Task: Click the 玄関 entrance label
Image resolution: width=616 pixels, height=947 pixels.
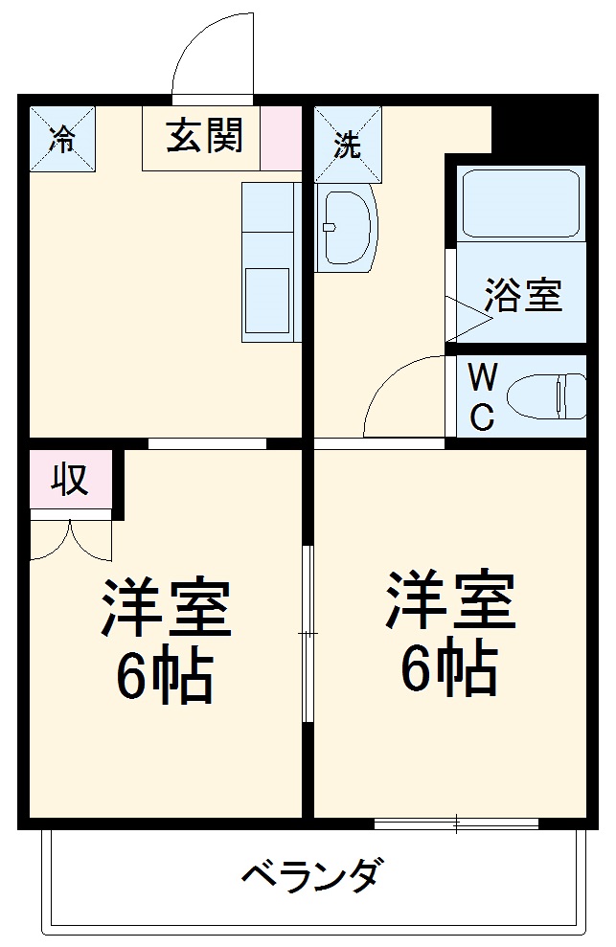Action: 203,137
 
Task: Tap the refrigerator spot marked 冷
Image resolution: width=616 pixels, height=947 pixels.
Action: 62,139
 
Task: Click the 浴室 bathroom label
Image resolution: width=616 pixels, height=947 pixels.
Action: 522,295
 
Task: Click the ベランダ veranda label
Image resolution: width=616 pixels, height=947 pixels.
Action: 313,875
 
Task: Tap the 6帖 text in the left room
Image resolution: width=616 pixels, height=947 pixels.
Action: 165,677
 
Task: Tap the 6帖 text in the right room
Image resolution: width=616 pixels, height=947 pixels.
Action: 448,668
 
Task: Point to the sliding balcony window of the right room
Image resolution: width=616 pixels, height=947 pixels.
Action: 456,823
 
